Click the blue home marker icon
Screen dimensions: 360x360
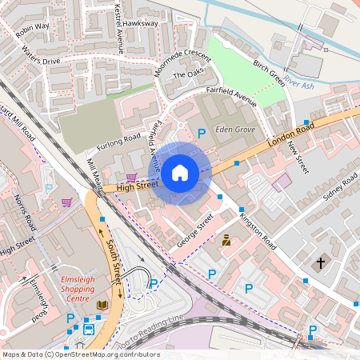[180, 172]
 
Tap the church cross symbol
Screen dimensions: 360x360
[321, 262]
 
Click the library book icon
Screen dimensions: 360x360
[102, 306]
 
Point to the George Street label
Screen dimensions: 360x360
[194, 229]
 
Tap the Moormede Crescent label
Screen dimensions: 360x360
[182, 58]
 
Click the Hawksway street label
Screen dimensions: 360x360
[141, 24]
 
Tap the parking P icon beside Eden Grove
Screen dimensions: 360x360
[202, 134]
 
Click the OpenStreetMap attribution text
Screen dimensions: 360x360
[80, 354]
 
